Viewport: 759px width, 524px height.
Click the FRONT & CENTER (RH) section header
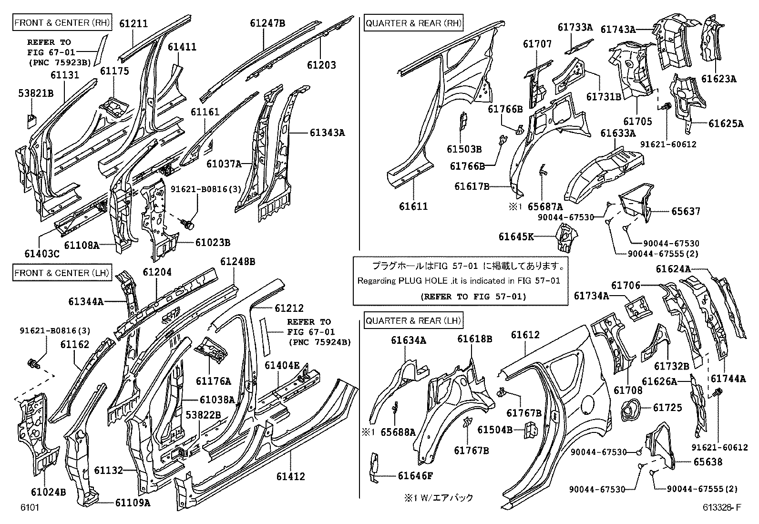(x=62, y=22)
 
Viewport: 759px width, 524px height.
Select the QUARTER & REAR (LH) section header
(x=413, y=320)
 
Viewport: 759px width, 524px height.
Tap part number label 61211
(x=133, y=23)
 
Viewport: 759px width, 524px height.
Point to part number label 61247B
(x=267, y=23)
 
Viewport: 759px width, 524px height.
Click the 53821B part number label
(x=36, y=93)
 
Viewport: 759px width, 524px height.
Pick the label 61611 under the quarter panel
(x=413, y=206)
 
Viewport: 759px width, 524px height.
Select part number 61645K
(x=516, y=236)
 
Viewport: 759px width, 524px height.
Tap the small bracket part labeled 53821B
(x=31, y=121)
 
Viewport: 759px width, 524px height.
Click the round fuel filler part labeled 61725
(x=630, y=410)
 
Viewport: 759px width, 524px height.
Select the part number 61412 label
(x=291, y=476)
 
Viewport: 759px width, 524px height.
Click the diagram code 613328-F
(x=722, y=507)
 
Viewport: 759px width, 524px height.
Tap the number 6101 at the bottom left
(x=30, y=507)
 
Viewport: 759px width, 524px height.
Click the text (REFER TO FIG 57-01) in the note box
(x=473, y=297)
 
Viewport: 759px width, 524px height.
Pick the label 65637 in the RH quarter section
(x=686, y=211)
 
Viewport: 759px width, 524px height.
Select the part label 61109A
(x=133, y=503)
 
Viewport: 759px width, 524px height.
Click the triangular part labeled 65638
(x=659, y=446)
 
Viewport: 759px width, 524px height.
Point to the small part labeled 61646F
(x=374, y=468)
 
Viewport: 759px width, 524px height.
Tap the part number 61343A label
(x=328, y=133)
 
